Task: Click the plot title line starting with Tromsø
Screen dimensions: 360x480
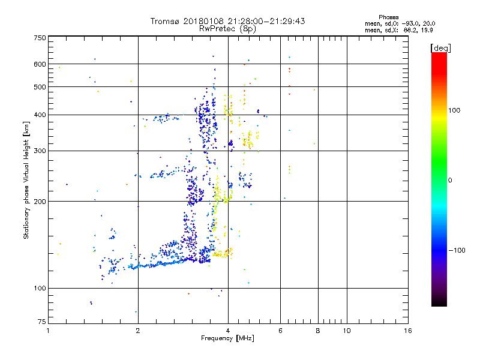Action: [x=228, y=21]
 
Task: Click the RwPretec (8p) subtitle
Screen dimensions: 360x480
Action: [x=228, y=28]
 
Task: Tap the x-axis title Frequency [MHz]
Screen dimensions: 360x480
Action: [x=228, y=339]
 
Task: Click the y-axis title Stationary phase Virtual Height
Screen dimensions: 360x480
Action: [x=26, y=180]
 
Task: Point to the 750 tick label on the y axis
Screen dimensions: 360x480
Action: [x=40, y=38]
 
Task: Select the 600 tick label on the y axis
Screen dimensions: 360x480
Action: [x=40, y=64]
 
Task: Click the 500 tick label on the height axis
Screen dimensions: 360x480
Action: [x=40, y=87]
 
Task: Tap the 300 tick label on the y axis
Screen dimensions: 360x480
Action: [x=40, y=151]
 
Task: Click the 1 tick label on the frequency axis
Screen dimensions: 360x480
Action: [x=48, y=331]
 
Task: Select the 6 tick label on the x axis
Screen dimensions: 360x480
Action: [x=280, y=331]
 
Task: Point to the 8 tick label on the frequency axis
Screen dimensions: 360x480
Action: [x=318, y=331]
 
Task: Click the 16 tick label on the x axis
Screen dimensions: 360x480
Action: [x=407, y=331]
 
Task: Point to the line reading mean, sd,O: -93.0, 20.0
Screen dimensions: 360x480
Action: [x=400, y=23]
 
